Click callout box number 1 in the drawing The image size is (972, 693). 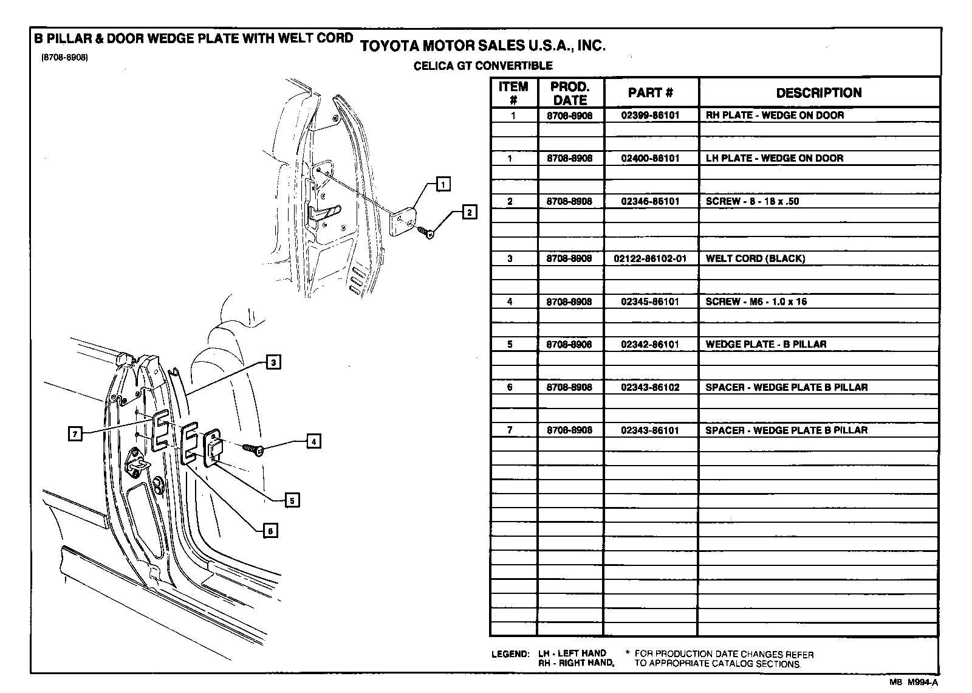pyautogui.click(x=443, y=184)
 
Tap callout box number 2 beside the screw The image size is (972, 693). pyautogui.click(x=469, y=212)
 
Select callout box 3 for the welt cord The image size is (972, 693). pyautogui.click(x=273, y=362)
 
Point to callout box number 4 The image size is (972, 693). pyautogui.click(x=313, y=441)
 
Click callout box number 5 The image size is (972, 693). pyautogui.click(x=292, y=500)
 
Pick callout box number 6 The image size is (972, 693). pyautogui.click(x=270, y=531)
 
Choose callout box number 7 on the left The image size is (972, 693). pyautogui.click(x=75, y=433)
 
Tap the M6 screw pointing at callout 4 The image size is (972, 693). pyautogui.click(x=253, y=449)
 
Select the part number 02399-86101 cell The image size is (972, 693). pyautogui.click(x=650, y=115)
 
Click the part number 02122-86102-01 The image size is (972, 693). pyautogui.click(x=650, y=258)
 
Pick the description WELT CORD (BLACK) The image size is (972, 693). pyautogui.click(x=755, y=258)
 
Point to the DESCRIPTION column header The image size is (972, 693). pyautogui.click(x=818, y=93)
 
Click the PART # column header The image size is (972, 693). pyautogui.click(x=650, y=93)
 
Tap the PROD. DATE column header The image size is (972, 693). pyautogui.click(x=570, y=93)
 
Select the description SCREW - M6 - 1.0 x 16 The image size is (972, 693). pyautogui.click(x=756, y=302)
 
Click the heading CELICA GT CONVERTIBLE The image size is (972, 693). pyautogui.click(x=483, y=66)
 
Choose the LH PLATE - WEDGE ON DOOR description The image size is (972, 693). pyautogui.click(x=774, y=158)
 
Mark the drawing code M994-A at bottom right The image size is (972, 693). pyautogui.click(x=923, y=682)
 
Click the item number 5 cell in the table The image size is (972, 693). pyautogui.click(x=510, y=344)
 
